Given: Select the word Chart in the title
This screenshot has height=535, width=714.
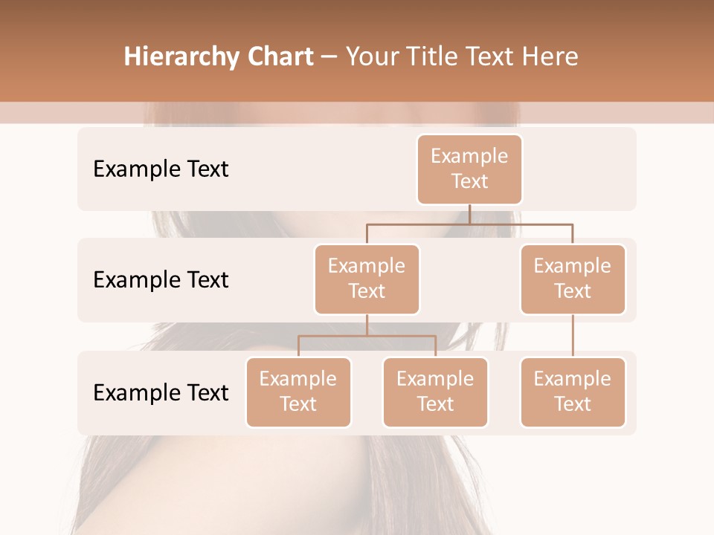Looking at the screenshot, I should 277,57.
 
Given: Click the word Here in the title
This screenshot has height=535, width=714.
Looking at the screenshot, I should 551,57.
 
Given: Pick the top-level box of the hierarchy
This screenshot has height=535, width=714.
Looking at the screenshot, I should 469,169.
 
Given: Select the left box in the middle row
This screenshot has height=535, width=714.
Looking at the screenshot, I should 367,279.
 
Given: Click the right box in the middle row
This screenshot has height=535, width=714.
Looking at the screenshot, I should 573,279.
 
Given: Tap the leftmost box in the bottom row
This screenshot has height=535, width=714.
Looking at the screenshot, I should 298,392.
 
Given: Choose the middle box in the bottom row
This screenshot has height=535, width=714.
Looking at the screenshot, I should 435,392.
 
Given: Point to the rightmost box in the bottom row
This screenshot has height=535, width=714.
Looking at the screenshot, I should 573,392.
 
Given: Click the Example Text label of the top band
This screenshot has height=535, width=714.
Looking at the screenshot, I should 161,169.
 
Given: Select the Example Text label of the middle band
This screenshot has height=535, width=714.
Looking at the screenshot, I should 161,280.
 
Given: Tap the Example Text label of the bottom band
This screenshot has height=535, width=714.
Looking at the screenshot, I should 161,393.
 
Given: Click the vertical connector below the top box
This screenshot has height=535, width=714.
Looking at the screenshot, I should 469,214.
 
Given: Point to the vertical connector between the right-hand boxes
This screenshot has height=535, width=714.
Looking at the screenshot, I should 573,336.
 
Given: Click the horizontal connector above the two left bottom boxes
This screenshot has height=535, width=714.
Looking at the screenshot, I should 367,337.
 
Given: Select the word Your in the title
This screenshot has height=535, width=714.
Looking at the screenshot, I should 370,57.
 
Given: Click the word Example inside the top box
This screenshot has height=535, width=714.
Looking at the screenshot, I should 469,156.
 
